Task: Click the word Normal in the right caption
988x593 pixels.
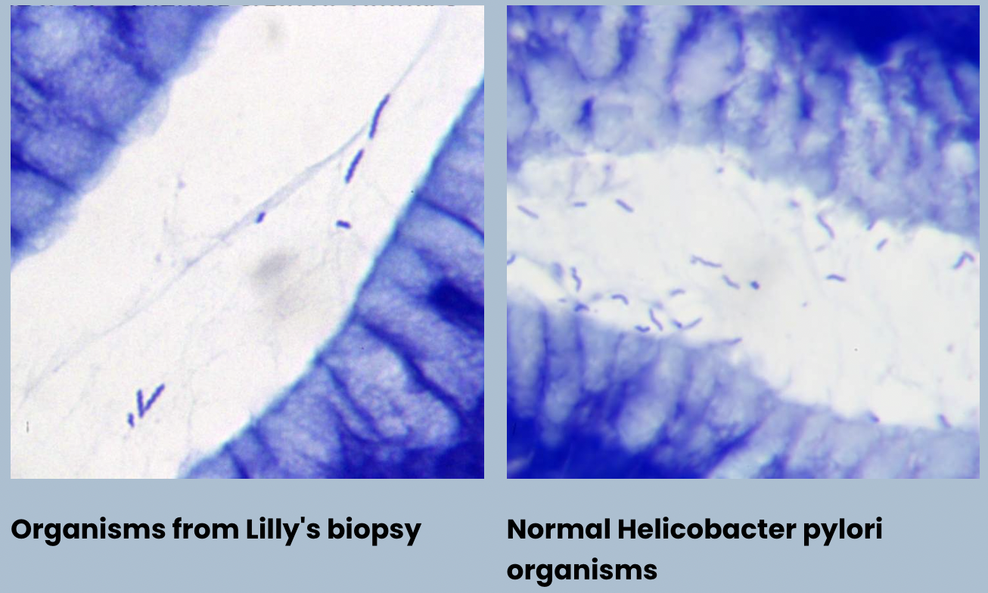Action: click(558, 529)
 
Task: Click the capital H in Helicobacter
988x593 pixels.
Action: click(626, 529)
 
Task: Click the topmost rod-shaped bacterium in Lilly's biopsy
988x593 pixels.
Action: click(379, 116)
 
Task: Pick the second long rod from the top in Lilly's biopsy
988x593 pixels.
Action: click(354, 166)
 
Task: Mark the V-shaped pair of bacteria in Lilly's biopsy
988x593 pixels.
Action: click(151, 399)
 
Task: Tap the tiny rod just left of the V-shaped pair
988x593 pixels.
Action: click(131, 418)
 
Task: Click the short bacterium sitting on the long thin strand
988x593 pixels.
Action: click(260, 218)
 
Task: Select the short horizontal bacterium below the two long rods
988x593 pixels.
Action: click(343, 224)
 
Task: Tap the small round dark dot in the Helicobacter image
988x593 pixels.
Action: click(754, 285)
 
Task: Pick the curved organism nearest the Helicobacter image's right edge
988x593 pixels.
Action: click(963, 260)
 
